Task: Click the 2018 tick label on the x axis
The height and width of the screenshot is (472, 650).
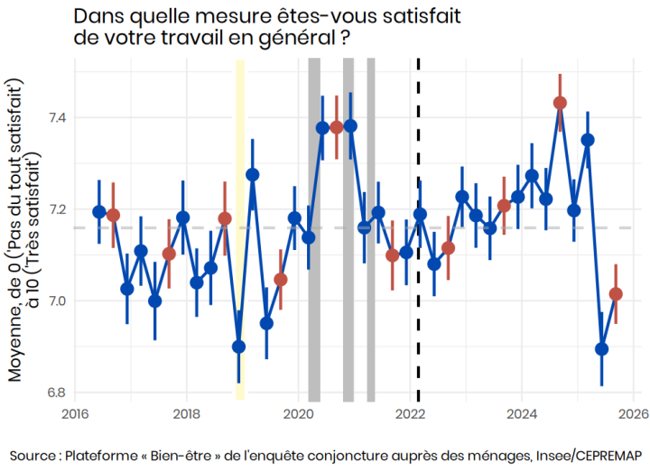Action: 187,414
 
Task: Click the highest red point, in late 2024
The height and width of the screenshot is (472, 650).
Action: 560,102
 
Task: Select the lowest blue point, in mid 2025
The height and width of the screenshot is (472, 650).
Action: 602,349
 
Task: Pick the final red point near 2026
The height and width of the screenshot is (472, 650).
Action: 616,293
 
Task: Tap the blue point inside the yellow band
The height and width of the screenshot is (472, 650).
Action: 239,347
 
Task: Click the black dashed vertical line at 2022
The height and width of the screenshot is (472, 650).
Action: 418,271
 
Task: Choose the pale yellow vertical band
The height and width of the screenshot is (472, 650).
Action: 240,226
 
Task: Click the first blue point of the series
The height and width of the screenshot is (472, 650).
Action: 99,212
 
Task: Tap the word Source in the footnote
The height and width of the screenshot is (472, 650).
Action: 33,453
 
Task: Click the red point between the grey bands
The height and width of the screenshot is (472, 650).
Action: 337,127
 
